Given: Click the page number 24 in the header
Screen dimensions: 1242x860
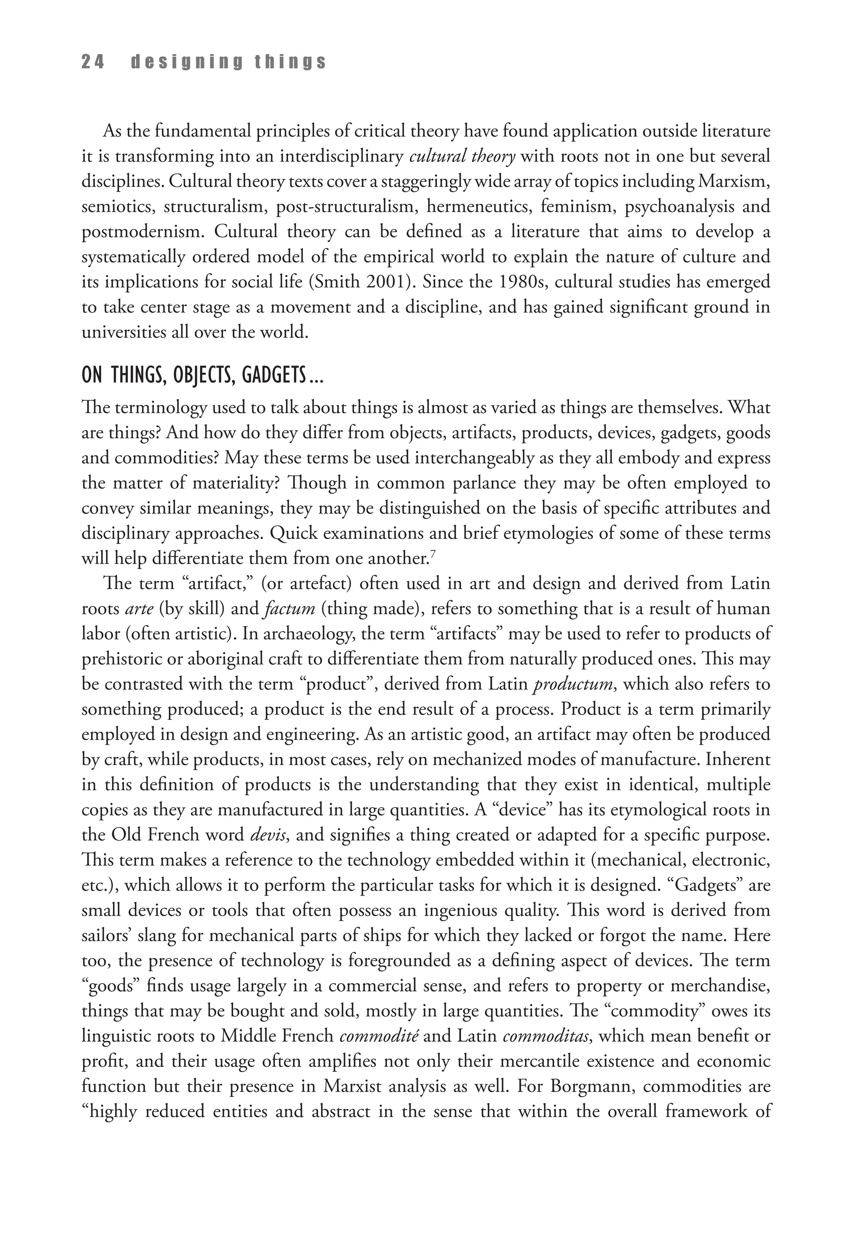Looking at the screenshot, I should [x=93, y=63].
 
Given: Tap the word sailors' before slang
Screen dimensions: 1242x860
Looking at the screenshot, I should [x=105, y=936].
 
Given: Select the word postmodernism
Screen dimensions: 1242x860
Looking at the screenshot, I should [x=141, y=232].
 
